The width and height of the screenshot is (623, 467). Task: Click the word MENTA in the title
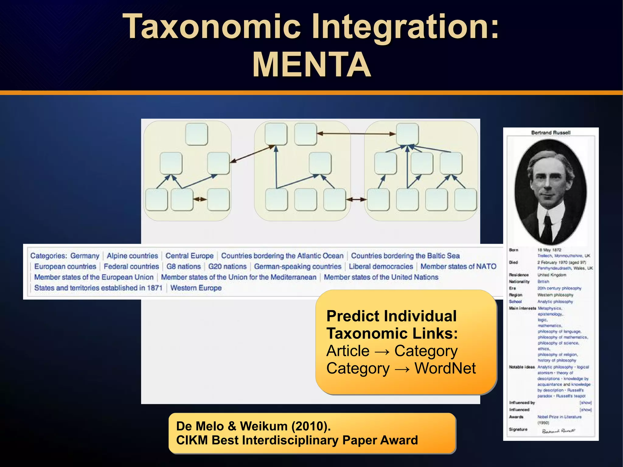311,64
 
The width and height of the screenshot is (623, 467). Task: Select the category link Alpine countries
132,256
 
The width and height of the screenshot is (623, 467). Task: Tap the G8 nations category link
183,267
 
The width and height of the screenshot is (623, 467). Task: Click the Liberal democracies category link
381,267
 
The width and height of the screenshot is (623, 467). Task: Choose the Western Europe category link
196,288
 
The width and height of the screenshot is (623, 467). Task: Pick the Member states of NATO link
458,267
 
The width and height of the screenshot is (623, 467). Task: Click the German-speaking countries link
298,267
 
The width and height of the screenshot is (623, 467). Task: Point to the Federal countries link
131,267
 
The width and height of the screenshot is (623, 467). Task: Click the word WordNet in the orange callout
445,368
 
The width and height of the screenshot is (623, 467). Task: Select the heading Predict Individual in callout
391,316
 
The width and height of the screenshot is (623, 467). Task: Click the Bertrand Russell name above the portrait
551,133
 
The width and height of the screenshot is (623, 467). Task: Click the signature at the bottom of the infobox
558,431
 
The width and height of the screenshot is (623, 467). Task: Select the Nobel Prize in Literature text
559,417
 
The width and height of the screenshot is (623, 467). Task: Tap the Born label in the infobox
513,250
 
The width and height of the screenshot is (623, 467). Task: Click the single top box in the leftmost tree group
197,134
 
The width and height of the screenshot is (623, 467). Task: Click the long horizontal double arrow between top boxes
356,134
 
